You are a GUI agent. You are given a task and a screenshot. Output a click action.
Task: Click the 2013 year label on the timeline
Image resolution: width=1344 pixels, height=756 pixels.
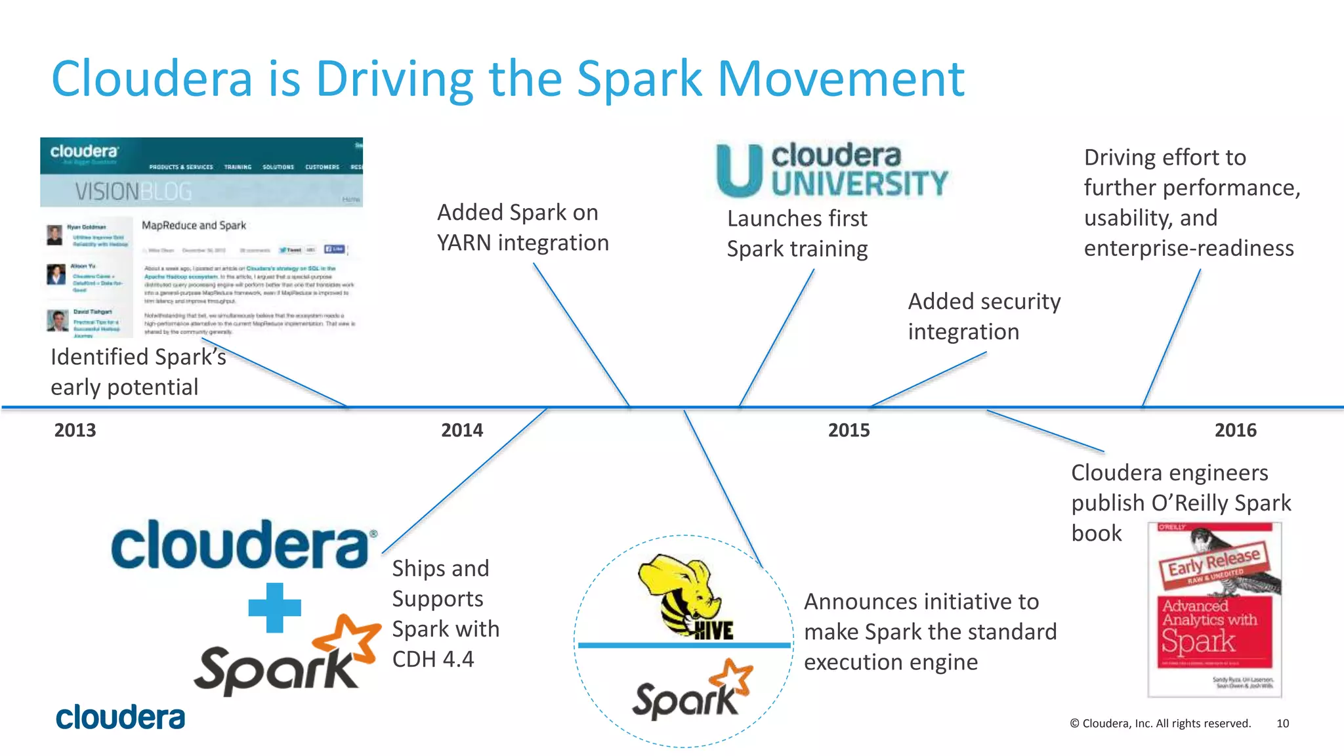pyautogui.click(x=75, y=430)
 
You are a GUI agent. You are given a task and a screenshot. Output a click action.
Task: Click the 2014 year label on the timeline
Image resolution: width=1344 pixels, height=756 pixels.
pyautogui.click(x=461, y=430)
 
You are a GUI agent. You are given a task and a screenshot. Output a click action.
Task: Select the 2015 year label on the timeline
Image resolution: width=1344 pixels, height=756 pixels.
pyautogui.click(x=849, y=430)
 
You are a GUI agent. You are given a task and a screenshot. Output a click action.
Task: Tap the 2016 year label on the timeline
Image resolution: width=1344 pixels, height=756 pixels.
pyautogui.click(x=1235, y=430)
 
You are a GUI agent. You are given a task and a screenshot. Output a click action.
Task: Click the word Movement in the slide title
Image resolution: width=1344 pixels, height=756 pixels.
pyautogui.click(x=841, y=79)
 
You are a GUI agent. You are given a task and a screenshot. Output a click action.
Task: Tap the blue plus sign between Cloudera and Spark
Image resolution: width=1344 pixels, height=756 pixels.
pyautogui.click(x=274, y=608)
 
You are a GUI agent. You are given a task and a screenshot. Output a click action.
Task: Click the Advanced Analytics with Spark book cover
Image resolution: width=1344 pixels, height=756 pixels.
pyautogui.click(x=1214, y=610)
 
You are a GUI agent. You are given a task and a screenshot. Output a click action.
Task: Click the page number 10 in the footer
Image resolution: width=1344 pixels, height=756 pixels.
pyautogui.click(x=1282, y=723)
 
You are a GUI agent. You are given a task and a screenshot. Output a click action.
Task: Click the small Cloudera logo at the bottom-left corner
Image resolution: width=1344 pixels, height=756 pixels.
pyautogui.click(x=120, y=717)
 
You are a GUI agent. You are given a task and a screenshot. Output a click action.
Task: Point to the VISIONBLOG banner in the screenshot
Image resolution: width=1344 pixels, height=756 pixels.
pyautogui.click(x=133, y=192)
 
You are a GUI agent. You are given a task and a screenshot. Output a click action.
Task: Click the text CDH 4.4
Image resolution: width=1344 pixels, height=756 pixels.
pyautogui.click(x=432, y=659)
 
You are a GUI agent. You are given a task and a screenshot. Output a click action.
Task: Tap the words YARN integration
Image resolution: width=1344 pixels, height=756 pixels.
pyautogui.click(x=522, y=243)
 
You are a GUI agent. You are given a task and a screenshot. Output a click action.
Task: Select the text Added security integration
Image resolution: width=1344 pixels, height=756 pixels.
pyautogui.click(x=983, y=316)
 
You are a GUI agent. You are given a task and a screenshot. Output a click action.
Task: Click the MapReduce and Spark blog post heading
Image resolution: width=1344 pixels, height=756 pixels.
pyautogui.click(x=194, y=225)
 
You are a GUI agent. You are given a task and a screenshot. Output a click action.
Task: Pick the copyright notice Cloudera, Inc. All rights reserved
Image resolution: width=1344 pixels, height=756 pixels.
pyautogui.click(x=1160, y=723)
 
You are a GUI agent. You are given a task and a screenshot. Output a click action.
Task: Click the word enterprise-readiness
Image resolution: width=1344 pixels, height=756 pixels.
pyautogui.click(x=1188, y=248)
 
